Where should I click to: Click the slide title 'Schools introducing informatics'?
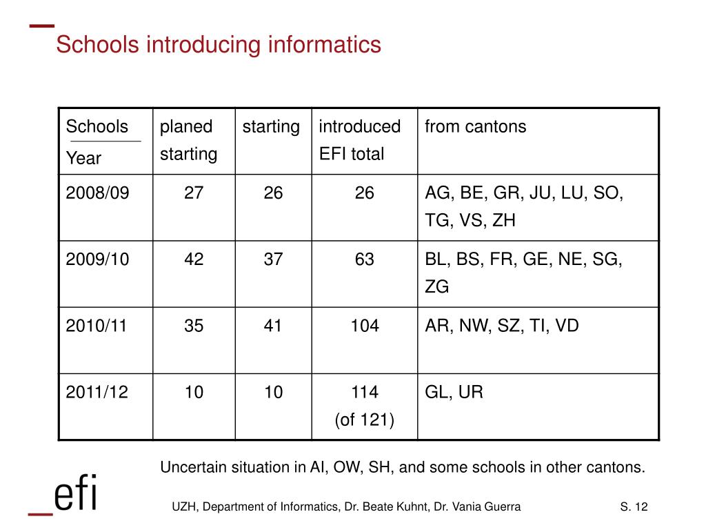218,45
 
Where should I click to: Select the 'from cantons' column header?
475,127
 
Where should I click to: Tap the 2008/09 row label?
97,193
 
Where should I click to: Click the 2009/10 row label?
97,259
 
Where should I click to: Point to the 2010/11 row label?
97,326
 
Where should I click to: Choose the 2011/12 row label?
97,393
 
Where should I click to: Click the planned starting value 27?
194,193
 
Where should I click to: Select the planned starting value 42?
194,259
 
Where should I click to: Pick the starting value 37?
273,259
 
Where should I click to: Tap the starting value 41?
273,326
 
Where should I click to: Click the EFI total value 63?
365,259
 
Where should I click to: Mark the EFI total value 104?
365,326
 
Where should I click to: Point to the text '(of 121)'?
365,420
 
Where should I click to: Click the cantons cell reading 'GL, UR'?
454,393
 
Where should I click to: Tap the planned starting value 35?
194,326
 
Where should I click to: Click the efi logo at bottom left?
64,494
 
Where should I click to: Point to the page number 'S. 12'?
634,508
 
